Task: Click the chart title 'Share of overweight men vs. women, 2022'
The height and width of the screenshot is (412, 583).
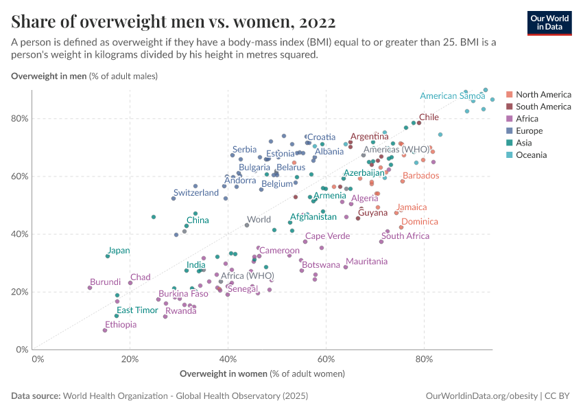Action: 174,22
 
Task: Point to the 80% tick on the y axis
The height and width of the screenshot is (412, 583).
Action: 20,118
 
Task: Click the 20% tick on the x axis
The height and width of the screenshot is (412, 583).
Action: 132,358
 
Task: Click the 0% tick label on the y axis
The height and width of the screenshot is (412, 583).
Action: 21,350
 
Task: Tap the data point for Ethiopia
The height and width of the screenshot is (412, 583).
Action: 105,330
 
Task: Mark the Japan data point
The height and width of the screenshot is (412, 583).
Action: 108,256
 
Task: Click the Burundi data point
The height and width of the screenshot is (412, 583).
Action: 90,288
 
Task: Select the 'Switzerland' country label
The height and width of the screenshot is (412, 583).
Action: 195,193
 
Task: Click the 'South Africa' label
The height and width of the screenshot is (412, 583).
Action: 405,236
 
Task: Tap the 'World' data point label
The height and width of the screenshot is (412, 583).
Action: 259,220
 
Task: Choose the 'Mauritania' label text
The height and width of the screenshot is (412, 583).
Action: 367,262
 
